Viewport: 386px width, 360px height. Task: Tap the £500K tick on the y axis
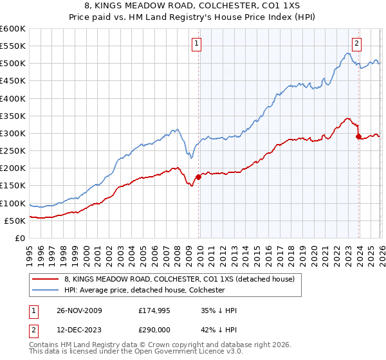(13, 64)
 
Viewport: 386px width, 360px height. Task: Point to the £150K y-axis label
(13, 186)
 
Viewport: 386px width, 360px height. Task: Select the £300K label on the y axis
(13, 134)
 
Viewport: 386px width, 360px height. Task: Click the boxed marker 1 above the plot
(196, 44)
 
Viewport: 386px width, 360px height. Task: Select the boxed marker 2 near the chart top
(356, 44)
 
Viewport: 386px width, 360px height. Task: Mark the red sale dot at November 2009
(198, 177)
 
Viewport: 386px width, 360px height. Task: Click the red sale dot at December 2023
(358, 136)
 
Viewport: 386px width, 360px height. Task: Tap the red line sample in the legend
(46, 279)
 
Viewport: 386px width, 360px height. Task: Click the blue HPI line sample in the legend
(46, 290)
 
